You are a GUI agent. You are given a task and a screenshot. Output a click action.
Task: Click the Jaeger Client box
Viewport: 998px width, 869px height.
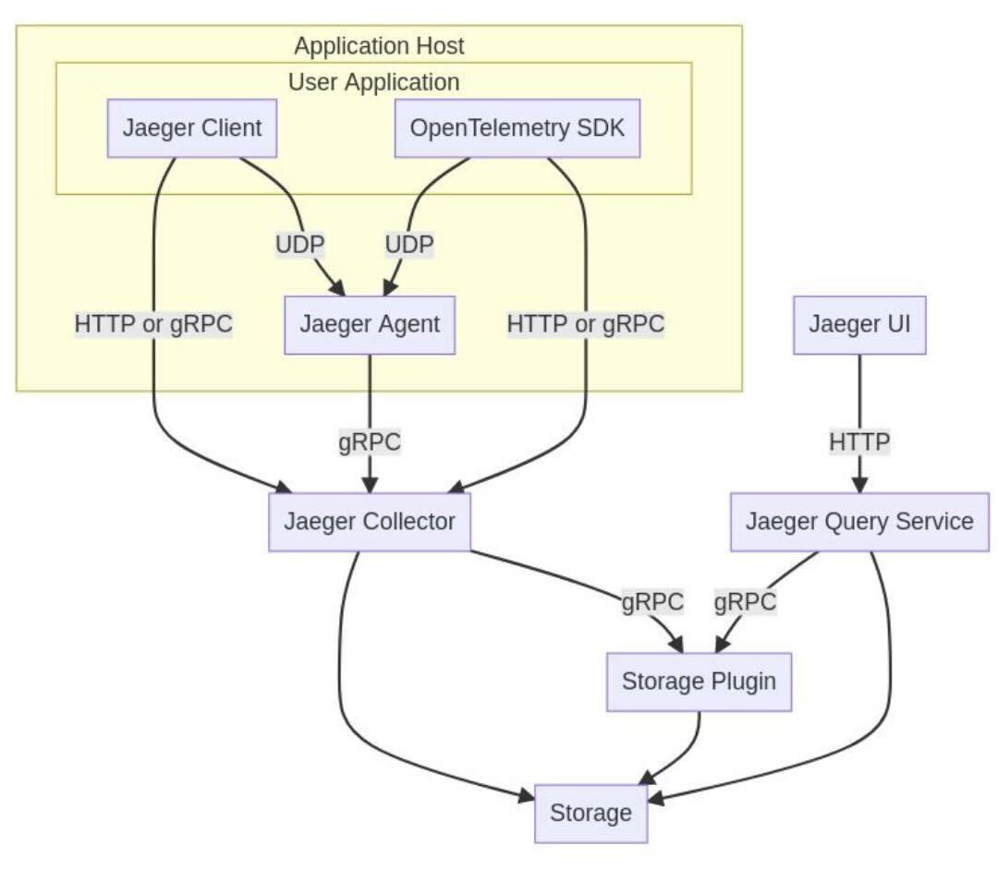tap(193, 127)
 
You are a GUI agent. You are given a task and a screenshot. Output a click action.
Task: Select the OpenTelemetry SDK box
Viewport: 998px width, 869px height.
tap(517, 127)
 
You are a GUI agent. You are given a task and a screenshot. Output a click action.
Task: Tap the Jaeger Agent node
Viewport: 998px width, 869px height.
tap(370, 325)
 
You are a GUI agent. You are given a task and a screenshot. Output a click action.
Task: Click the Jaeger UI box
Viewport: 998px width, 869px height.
tap(859, 325)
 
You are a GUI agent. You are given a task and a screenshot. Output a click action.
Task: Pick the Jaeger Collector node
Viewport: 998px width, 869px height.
tap(369, 522)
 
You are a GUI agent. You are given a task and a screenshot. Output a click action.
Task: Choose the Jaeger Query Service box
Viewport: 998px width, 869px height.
tap(859, 522)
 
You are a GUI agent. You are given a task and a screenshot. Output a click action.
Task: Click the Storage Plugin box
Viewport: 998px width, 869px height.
tap(699, 682)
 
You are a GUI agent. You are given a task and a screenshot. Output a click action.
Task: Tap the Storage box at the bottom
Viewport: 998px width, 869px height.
tap(590, 814)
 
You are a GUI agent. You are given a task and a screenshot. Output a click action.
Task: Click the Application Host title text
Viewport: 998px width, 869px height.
tap(379, 45)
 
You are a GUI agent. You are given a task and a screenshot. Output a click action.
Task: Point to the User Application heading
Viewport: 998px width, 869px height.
tap(373, 82)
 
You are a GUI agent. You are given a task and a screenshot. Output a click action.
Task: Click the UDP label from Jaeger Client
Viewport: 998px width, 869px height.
tap(300, 245)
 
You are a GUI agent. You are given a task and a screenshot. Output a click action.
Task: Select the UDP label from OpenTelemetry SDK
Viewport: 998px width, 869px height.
tap(409, 245)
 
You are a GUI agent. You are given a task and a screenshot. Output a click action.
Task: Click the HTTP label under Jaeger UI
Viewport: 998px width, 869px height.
tap(859, 442)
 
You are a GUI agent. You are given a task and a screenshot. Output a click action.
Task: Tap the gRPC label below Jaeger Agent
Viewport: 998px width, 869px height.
tap(370, 442)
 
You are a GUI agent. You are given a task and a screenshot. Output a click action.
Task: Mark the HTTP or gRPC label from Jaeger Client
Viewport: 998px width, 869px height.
tap(153, 325)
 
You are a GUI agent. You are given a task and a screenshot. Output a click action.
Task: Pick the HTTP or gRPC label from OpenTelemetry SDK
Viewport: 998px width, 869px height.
tap(586, 325)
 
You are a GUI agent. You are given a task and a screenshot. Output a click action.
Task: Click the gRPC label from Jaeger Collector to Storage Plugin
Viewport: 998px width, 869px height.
tap(652, 602)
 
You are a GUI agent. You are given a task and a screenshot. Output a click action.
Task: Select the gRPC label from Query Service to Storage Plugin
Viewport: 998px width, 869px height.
tap(745, 602)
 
